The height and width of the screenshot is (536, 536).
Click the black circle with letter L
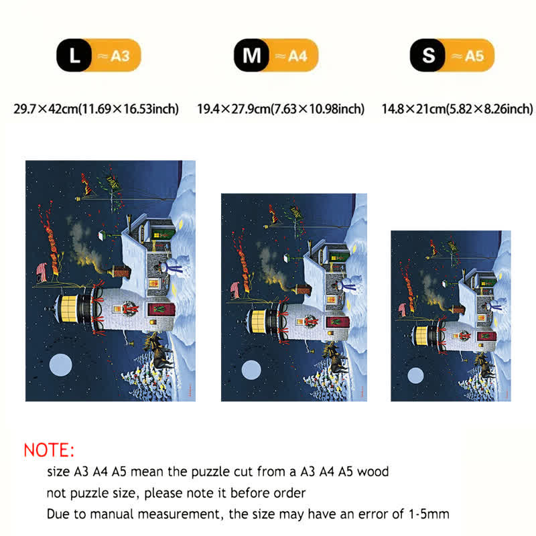pos(74,55)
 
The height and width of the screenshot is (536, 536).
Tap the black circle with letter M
pos(252,55)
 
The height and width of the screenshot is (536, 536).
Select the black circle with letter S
pos(427,55)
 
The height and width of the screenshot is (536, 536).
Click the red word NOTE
pos(49,450)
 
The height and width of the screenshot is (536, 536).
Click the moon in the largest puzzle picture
pos(60,365)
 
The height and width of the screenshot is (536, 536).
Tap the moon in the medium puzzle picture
pos(251,370)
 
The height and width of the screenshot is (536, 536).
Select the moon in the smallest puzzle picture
pos(415,375)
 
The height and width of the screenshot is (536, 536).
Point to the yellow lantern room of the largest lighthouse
pos(69,309)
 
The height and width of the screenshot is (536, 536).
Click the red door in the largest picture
pos(161,310)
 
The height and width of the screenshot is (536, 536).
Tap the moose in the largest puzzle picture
pos(158,350)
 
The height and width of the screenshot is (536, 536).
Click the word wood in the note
pos(373,472)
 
